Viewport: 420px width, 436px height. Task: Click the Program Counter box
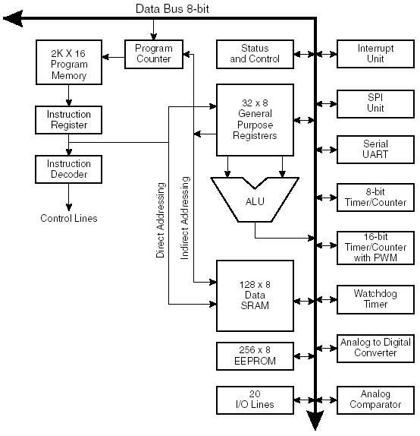[154, 54]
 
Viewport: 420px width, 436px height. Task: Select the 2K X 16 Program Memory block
[69, 62]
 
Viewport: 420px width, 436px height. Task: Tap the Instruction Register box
[68, 120]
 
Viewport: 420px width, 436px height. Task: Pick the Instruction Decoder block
[68, 169]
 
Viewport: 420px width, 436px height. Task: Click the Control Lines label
[69, 218]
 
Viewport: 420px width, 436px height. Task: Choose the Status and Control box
[255, 54]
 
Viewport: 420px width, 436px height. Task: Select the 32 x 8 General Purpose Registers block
[255, 120]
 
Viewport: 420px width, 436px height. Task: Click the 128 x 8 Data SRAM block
[255, 295]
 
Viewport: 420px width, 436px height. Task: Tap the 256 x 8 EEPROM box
[255, 356]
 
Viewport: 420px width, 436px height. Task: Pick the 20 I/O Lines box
[255, 400]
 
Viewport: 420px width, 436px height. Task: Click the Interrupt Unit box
[375, 54]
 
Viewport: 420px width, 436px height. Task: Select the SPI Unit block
[375, 104]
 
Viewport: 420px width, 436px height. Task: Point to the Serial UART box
[375, 150]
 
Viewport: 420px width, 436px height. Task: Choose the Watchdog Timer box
[375, 299]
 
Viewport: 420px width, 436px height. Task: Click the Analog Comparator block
[375, 400]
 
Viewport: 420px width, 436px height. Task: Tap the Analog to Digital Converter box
[375, 348]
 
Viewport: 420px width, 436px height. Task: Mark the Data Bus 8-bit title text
[172, 9]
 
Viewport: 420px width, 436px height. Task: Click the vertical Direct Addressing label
[161, 220]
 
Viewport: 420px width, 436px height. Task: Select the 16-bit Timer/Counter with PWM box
[375, 248]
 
